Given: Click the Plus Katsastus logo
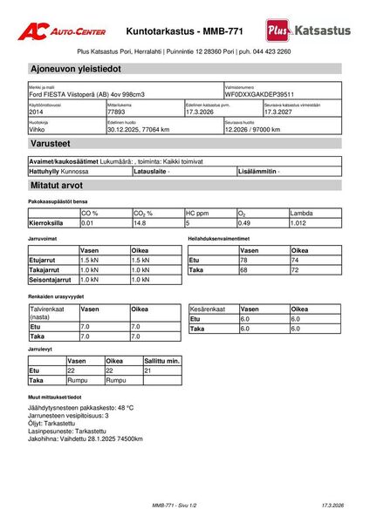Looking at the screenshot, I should [x=308, y=31].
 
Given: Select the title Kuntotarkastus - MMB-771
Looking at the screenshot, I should [x=185, y=30].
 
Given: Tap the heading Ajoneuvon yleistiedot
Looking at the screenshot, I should [x=76, y=68].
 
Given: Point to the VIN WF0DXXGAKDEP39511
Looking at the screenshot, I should [x=259, y=94].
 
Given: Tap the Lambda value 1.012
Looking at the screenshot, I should [x=302, y=222].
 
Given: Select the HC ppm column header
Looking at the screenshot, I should [x=197, y=213].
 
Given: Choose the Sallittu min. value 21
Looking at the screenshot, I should [x=148, y=370].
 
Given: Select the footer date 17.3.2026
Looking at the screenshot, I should [x=332, y=506].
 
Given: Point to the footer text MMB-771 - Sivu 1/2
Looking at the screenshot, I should [x=175, y=506].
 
